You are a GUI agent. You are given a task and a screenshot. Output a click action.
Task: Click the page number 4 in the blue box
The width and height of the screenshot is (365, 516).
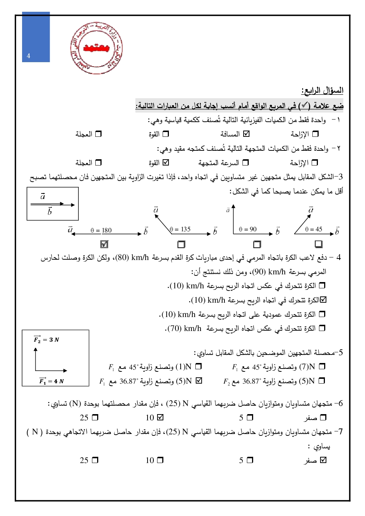pos(29,56)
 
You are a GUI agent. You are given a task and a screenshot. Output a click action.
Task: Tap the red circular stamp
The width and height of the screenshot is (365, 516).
pos(96,48)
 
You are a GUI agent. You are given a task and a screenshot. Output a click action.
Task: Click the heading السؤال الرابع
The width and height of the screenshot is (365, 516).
pos(322,90)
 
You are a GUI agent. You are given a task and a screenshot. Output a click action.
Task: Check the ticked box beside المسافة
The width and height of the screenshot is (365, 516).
pos(247,134)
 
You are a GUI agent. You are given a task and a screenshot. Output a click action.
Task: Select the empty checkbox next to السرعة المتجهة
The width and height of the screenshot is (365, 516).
pos(246,163)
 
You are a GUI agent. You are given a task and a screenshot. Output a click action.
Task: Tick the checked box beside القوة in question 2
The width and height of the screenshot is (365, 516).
pos(166,163)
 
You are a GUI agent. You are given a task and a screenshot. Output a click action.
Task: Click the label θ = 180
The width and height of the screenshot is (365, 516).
pos(101,231)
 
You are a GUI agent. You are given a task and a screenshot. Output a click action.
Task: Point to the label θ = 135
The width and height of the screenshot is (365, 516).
pos(180,229)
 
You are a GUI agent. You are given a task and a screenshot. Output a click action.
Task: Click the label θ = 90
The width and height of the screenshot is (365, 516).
pos(248,229)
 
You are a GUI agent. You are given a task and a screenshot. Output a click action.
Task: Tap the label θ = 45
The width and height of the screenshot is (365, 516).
pos(314,229)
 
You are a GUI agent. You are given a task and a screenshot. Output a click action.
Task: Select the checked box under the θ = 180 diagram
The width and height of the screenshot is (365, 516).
pos(104,244)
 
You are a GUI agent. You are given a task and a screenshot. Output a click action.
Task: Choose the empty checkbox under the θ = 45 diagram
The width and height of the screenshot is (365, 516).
pos(319,244)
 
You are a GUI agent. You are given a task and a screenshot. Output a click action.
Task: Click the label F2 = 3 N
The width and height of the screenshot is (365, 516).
pos(47,339)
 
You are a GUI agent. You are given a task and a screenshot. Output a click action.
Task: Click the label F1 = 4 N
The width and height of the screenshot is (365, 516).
pos(52,381)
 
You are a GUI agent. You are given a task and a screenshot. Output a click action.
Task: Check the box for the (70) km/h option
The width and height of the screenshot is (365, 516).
pos(322,328)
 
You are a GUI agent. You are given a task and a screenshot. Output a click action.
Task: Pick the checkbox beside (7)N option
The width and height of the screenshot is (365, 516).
pos(322,367)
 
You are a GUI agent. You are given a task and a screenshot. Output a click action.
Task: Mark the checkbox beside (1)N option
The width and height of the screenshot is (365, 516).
pos(199,367)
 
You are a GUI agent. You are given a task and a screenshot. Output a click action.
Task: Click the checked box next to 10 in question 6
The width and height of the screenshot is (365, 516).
pos(160,417)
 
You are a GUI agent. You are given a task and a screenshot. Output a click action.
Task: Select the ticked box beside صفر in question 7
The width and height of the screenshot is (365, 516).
pos(323,460)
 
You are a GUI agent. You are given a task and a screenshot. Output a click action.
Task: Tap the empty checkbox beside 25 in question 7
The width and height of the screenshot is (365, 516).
pos(95,460)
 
